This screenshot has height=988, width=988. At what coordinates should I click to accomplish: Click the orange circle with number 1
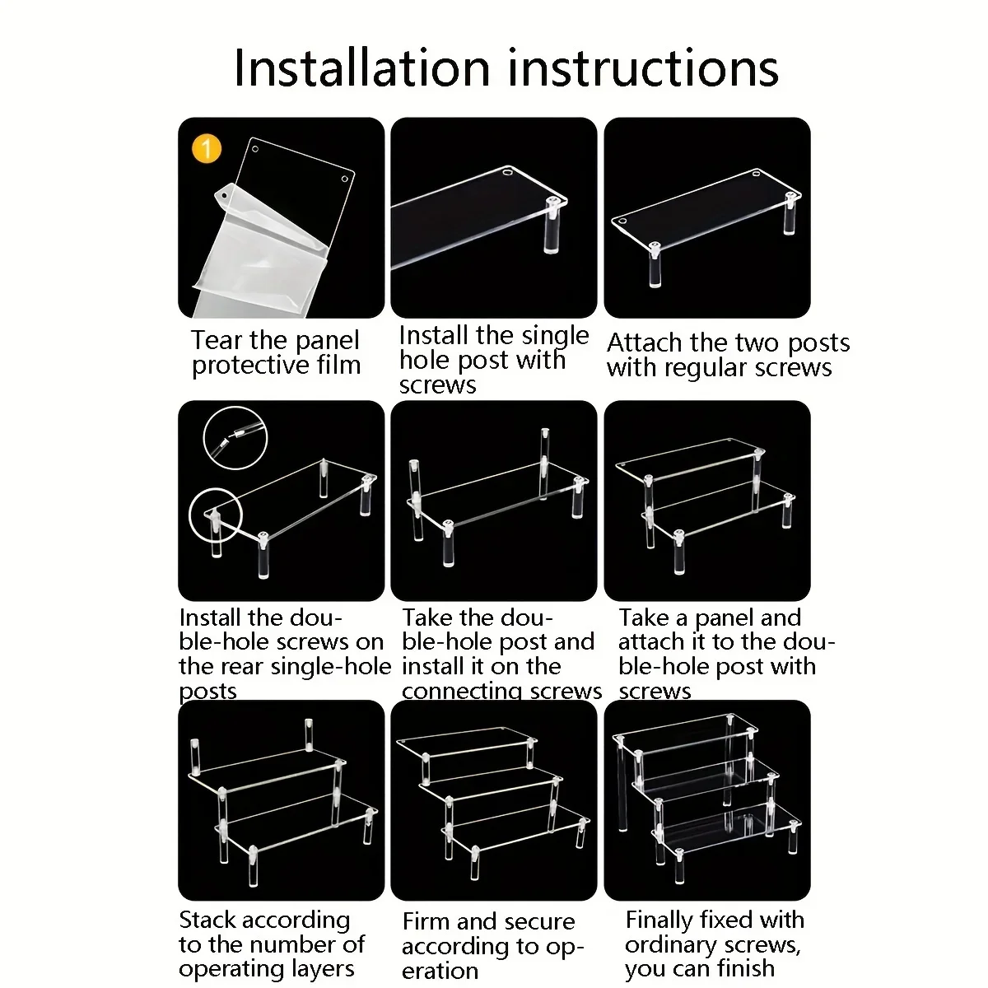tap(207, 149)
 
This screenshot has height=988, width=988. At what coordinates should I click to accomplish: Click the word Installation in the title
tap(362, 68)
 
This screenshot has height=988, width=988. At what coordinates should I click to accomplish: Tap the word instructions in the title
tap(643, 68)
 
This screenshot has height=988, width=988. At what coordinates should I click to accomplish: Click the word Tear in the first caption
tap(217, 340)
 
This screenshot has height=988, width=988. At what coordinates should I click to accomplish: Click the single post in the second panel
tap(552, 225)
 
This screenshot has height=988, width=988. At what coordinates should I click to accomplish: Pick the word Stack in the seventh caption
tap(207, 920)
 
